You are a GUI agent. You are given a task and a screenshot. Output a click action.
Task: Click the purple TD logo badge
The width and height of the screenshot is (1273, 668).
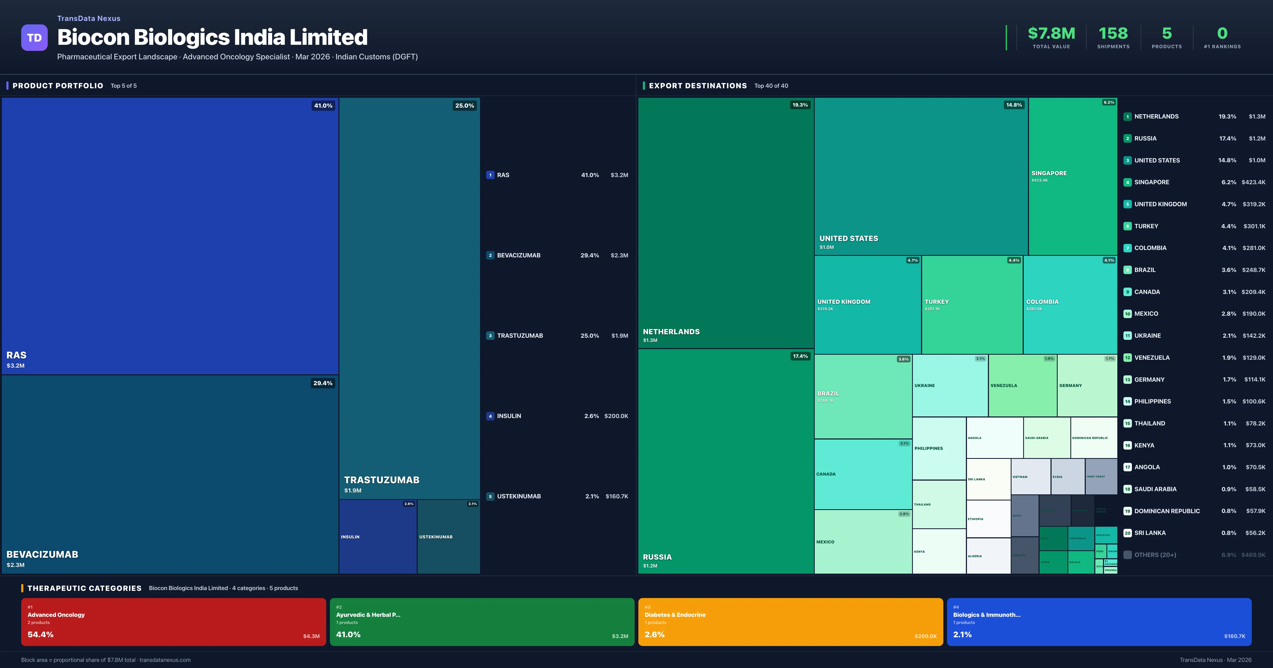[34, 38]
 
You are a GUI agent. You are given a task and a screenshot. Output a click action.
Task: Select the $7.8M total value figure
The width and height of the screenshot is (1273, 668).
[1051, 34]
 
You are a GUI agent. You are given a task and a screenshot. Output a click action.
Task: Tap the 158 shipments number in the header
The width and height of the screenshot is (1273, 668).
[1113, 34]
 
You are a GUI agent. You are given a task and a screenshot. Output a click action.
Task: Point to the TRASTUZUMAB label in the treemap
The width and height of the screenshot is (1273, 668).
[382, 480]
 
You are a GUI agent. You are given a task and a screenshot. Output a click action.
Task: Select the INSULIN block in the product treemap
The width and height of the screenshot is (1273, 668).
[378, 537]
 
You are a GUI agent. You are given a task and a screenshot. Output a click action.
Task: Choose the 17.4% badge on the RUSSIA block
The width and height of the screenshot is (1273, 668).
[800, 356]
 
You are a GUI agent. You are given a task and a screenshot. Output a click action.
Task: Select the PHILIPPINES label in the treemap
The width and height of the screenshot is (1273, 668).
[928, 449]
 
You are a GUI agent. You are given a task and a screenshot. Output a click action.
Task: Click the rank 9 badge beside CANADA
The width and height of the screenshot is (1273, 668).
[1127, 292]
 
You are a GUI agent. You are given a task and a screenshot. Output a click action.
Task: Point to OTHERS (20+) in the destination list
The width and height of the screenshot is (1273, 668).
[1155, 555]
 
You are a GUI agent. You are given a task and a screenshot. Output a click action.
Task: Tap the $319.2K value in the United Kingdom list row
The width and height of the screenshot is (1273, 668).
[1254, 204]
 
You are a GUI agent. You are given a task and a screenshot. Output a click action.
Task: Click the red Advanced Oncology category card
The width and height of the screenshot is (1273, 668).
[173, 622]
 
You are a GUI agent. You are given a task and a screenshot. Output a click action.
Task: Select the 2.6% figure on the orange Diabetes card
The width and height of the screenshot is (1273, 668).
[654, 634]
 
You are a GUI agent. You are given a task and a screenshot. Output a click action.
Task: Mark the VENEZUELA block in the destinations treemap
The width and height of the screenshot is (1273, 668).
[1022, 385]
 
